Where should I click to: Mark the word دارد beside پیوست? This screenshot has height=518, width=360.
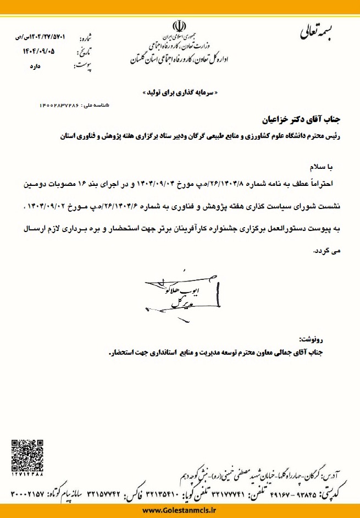(x=43, y=67)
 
